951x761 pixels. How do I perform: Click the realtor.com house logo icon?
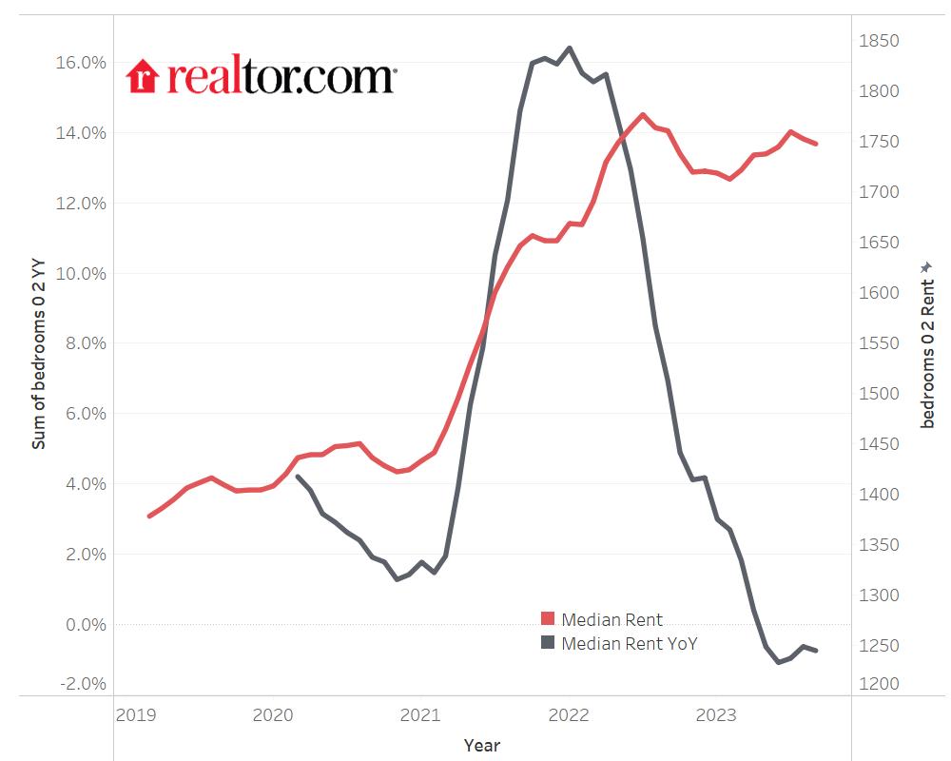point(141,76)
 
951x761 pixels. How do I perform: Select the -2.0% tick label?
point(83,684)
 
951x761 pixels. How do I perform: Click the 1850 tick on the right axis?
point(879,41)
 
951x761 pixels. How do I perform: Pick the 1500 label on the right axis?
point(879,394)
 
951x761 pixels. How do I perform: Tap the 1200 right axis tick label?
point(879,684)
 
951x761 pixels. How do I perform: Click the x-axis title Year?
point(482,745)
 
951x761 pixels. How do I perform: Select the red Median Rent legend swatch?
point(548,620)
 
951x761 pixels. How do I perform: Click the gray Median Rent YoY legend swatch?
point(548,643)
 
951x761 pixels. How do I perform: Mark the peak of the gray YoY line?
point(569,48)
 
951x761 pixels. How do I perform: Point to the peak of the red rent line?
point(643,115)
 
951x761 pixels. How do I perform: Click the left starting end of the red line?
point(149,516)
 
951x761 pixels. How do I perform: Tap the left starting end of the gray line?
point(299,477)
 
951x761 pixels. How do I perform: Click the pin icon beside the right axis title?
point(929,268)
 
